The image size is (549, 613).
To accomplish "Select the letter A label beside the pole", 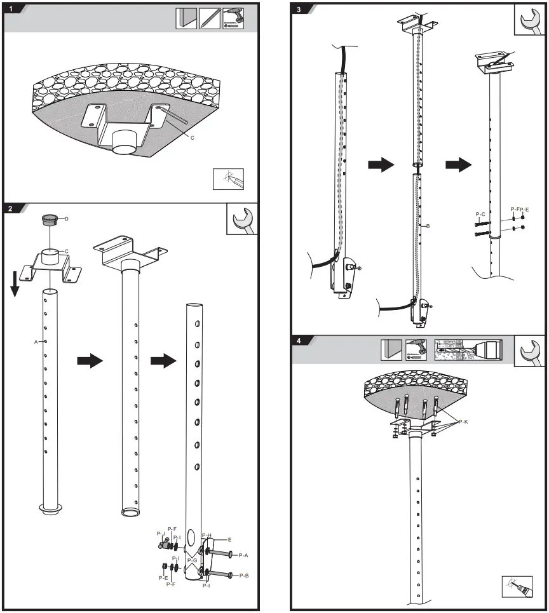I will pyautogui.click(x=36, y=341).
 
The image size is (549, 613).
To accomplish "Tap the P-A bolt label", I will pyautogui.click(x=243, y=555).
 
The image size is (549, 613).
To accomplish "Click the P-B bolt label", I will pyautogui.click(x=243, y=576).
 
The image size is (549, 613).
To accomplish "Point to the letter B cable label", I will pyautogui.click(x=429, y=226).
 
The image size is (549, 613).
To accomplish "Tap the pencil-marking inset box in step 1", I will pyautogui.click(x=228, y=180).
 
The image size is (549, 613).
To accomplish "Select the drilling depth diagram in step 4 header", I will pyautogui.click(x=468, y=350).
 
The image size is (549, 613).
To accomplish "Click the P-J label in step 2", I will pyautogui.click(x=161, y=534).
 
